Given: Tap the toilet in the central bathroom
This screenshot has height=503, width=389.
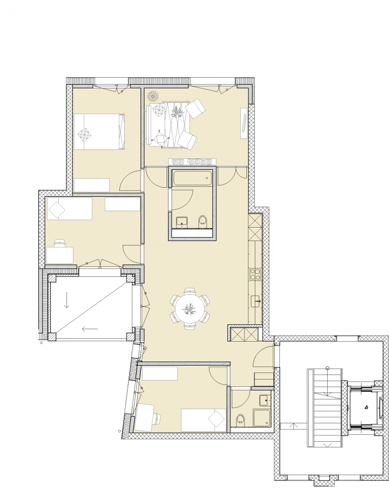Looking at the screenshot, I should pyautogui.click(x=202, y=221).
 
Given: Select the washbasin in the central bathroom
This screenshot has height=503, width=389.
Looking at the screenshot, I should pyautogui.click(x=182, y=221).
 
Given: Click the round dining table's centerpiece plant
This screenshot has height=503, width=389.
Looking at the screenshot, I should pyautogui.click(x=190, y=309).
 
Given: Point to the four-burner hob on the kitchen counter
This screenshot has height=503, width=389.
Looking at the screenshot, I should pyautogui.click(x=255, y=274).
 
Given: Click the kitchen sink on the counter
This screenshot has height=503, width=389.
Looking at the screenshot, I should pyautogui.click(x=255, y=300).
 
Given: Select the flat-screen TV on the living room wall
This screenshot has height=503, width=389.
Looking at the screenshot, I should pyautogui.click(x=244, y=124).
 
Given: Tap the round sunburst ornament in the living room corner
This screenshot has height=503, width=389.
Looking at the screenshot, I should pyautogui.click(x=153, y=96).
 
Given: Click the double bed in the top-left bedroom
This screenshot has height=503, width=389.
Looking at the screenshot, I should pyautogui.click(x=99, y=131).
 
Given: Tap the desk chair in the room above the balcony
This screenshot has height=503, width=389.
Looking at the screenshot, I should pyautogui.click(x=60, y=243).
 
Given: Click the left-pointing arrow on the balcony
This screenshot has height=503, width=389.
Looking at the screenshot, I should pyautogui.click(x=90, y=328).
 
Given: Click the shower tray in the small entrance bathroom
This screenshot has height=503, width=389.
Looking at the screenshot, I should pyautogui.click(x=262, y=418).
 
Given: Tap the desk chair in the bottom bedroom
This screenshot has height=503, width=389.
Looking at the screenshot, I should pyautogui.click(x=156, y=417).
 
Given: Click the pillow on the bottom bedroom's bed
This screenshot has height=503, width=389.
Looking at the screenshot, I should pyautogui.click(x=217, y=419).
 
